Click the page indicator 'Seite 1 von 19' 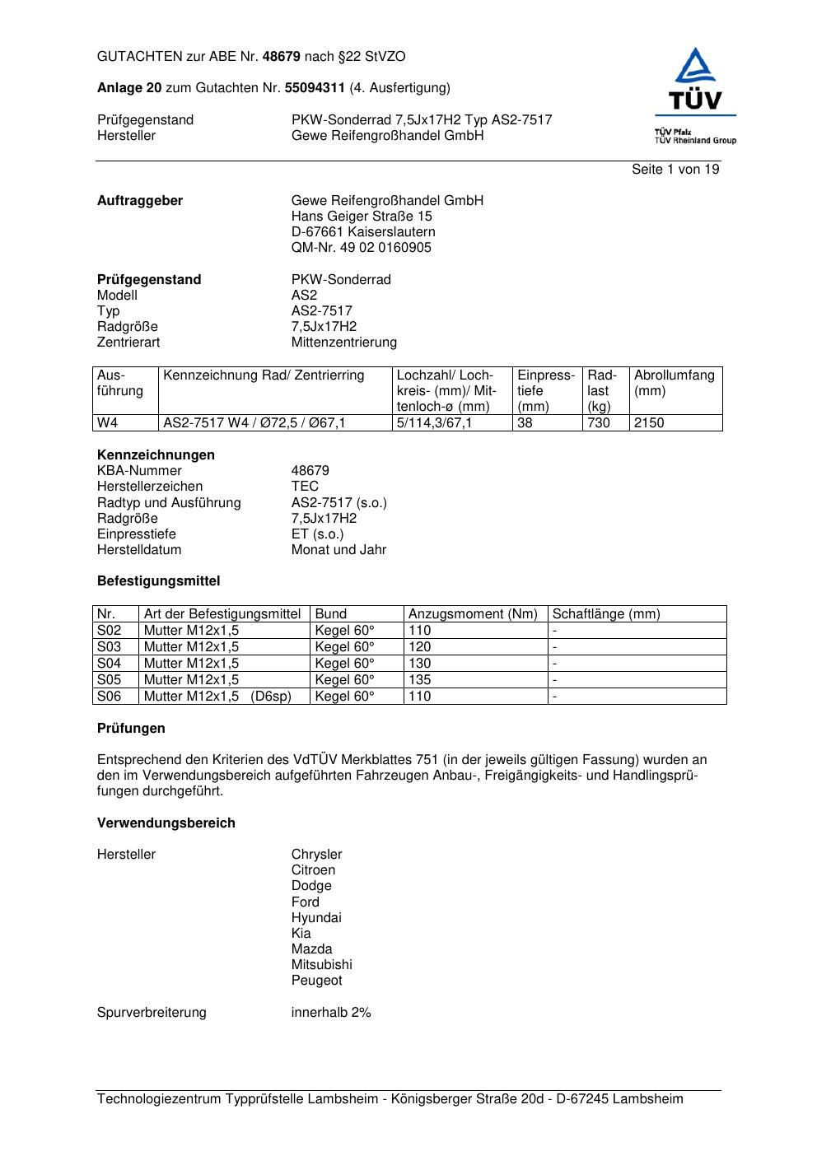point(675,170)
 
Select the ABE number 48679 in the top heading point(282,57)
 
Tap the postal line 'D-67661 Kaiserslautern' point(363,232)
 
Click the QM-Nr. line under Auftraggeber point(361,248)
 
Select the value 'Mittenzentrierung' point(343,343)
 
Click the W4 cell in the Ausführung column point(108,423)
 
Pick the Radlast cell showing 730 point(599,423)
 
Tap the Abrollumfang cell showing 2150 point(649,423)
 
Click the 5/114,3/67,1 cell point(435,423)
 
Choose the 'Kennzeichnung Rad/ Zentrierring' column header point(264,375)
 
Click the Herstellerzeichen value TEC point(305,487)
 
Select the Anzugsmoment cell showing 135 point(420,680)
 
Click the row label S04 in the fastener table point(110,664)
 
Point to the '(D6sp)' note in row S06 point(271,697)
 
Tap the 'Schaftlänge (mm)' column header point(606,614)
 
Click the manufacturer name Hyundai point(316,918)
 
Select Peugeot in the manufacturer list point(316,981)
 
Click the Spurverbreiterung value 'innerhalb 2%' point(331,1013)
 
